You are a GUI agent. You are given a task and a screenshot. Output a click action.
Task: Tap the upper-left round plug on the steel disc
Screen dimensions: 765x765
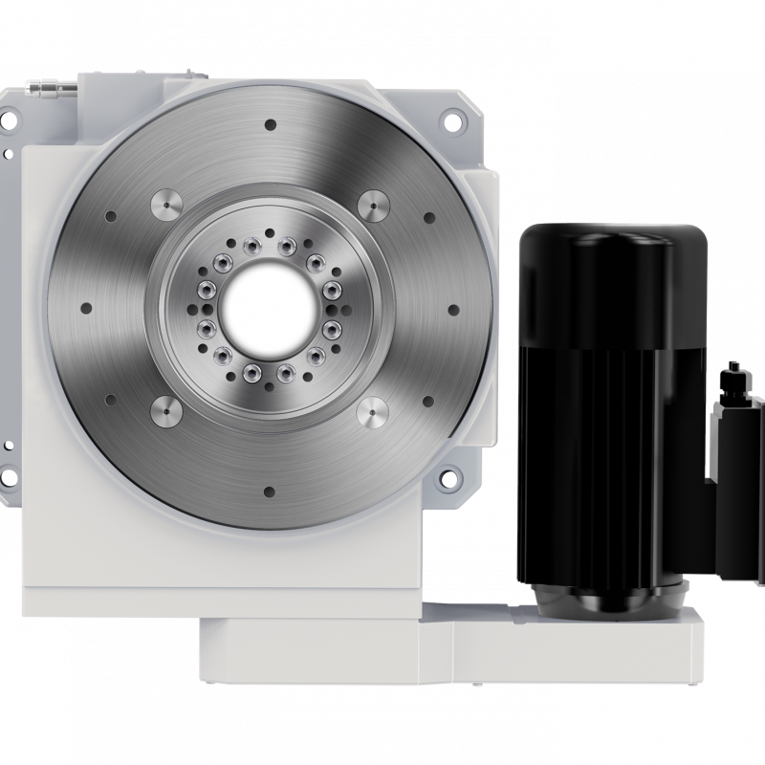164,205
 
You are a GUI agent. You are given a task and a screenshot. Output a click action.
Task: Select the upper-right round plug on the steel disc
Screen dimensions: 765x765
372,206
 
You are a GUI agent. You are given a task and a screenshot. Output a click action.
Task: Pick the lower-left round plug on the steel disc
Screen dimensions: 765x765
164,410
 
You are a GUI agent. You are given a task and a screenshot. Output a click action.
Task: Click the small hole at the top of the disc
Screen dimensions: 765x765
269,124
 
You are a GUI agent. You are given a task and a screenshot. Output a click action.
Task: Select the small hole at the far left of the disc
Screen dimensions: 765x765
85,308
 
